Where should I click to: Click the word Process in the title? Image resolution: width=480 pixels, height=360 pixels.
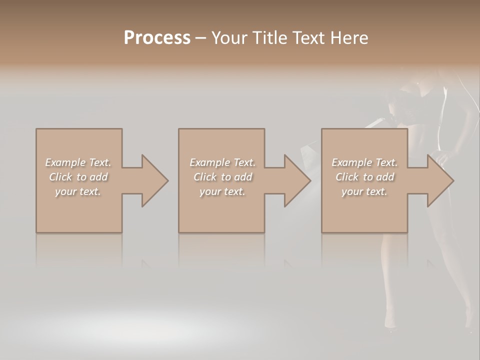[157, 38]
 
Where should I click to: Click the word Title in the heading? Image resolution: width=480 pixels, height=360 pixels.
[269, 38]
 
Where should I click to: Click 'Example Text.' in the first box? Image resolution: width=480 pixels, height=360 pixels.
[78, 162]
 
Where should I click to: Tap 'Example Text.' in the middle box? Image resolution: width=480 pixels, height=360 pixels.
[222, 162]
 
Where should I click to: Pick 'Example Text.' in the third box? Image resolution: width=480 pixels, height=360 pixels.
[364, 162]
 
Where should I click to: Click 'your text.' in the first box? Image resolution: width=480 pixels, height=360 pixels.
[78, 191]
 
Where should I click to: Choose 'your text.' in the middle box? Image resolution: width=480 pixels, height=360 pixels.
[222, 191]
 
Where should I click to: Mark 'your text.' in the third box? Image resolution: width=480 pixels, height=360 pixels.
[364, 191]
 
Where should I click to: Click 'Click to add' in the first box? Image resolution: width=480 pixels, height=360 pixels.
[78, 177]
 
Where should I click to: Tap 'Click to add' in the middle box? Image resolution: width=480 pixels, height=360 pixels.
[222, 177]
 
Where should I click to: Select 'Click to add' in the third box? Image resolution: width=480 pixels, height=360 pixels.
[364, 177]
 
